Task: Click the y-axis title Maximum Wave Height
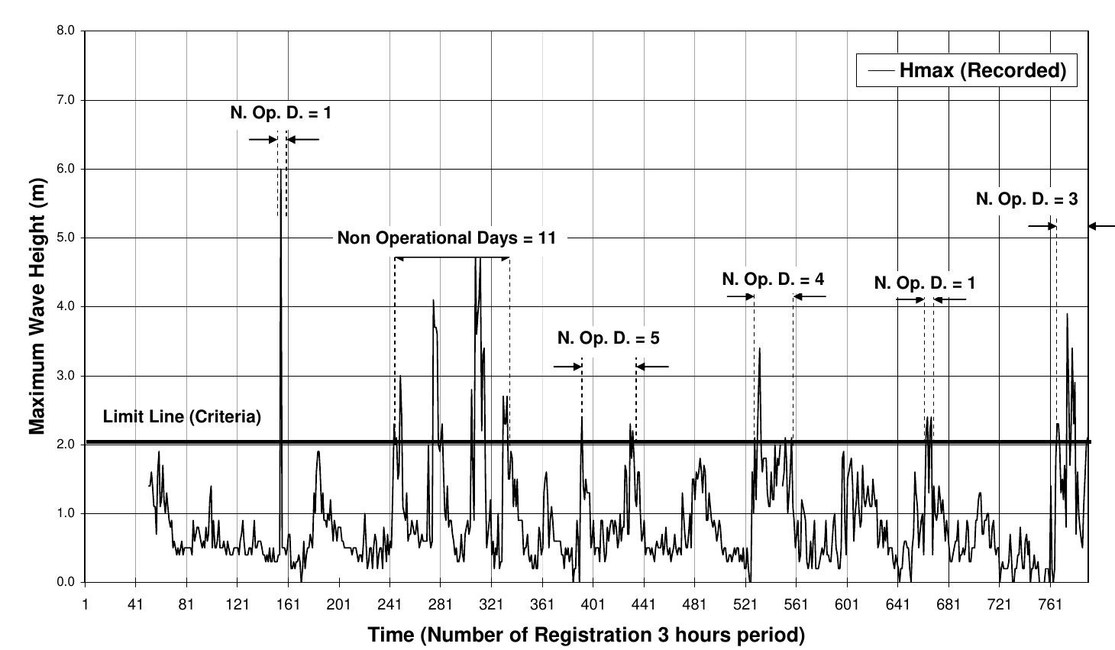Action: coord(37,306)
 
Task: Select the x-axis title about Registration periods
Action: coord(586,635)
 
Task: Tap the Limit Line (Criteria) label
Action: coord(182,417)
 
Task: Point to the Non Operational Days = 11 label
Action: coord(447,238)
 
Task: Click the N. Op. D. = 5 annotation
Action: coord(608,338)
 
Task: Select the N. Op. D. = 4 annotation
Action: coord(773,280)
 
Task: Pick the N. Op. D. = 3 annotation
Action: coord(1026,199)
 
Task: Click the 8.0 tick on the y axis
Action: coord(66,31)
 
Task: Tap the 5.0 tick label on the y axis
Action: coord(66,238)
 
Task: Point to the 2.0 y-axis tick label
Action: coord(66,445)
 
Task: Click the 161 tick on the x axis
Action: coord(288,604)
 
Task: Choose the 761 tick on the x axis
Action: coord(1050,604)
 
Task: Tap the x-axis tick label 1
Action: coord(85,604)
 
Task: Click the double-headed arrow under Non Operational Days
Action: coord(452,258)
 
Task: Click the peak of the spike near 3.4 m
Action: coord(759,349)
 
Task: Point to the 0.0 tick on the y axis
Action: coord(66,582)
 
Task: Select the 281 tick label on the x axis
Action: coord(441,604)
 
